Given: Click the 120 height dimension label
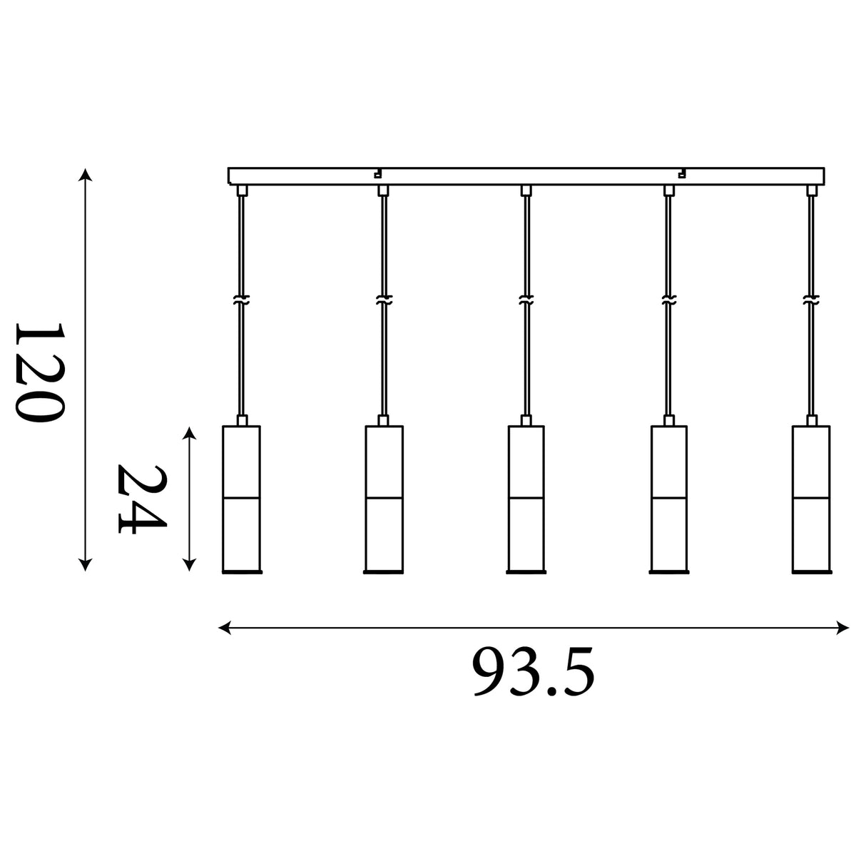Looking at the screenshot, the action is click(41, 372).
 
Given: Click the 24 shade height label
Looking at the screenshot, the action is click(141, 499).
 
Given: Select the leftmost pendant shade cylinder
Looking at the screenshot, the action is click(242, 499).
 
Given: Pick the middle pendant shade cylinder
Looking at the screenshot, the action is click(526, 499).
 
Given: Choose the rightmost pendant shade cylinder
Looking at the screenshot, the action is click(811, 499).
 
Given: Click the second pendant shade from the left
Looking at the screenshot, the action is click(384, 499).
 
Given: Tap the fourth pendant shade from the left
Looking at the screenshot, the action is click(668, 499).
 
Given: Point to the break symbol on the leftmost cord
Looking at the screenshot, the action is click(242, 300).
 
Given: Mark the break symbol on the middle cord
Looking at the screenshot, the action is click(526, 300).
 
